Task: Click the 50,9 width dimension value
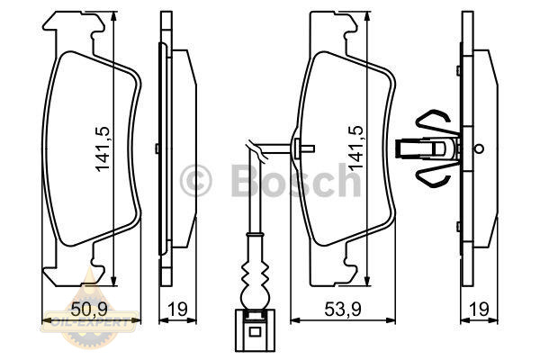[89, 309]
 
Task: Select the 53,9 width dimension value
[343, 309]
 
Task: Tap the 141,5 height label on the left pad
[103, 148]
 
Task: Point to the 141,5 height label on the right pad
[356, 148]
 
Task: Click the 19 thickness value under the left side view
[177, 309]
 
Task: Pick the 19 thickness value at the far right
[479, 309]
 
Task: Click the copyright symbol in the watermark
[195, 181]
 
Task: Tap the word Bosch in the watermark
[296, 180]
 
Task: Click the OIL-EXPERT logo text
[90, 322]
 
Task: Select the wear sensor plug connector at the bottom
[255, 330]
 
